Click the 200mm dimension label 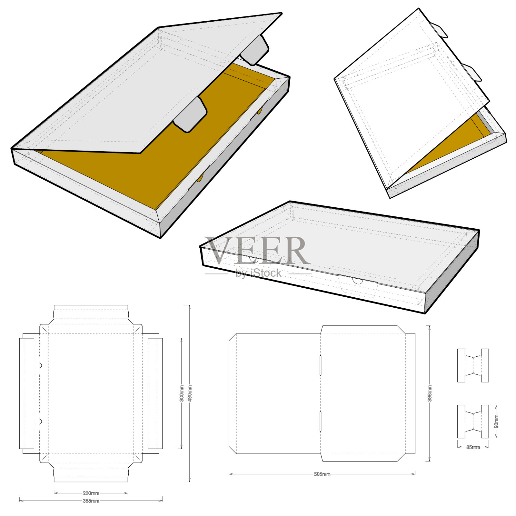[x=91, y=493]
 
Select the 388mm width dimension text [x=91, y=501]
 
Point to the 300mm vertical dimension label [x=182, y=393]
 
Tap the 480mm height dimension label [x=190, y=393]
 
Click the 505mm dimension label [x=322, y=474]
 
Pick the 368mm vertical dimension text [x=430, y=393]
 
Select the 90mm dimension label [x=496, y=422]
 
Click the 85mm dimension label [x=473, y=447]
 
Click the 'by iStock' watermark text [x=258, y=273]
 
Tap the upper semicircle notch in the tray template [x=40, y=365]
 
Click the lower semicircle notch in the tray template [x=40, y=421]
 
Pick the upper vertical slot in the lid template [x=320, y=365]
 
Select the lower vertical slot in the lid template [x=320, y=421]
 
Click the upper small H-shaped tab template [x=473, y=365]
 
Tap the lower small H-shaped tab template [x=473, y=422]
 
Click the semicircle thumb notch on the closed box [x=357, y=281]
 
